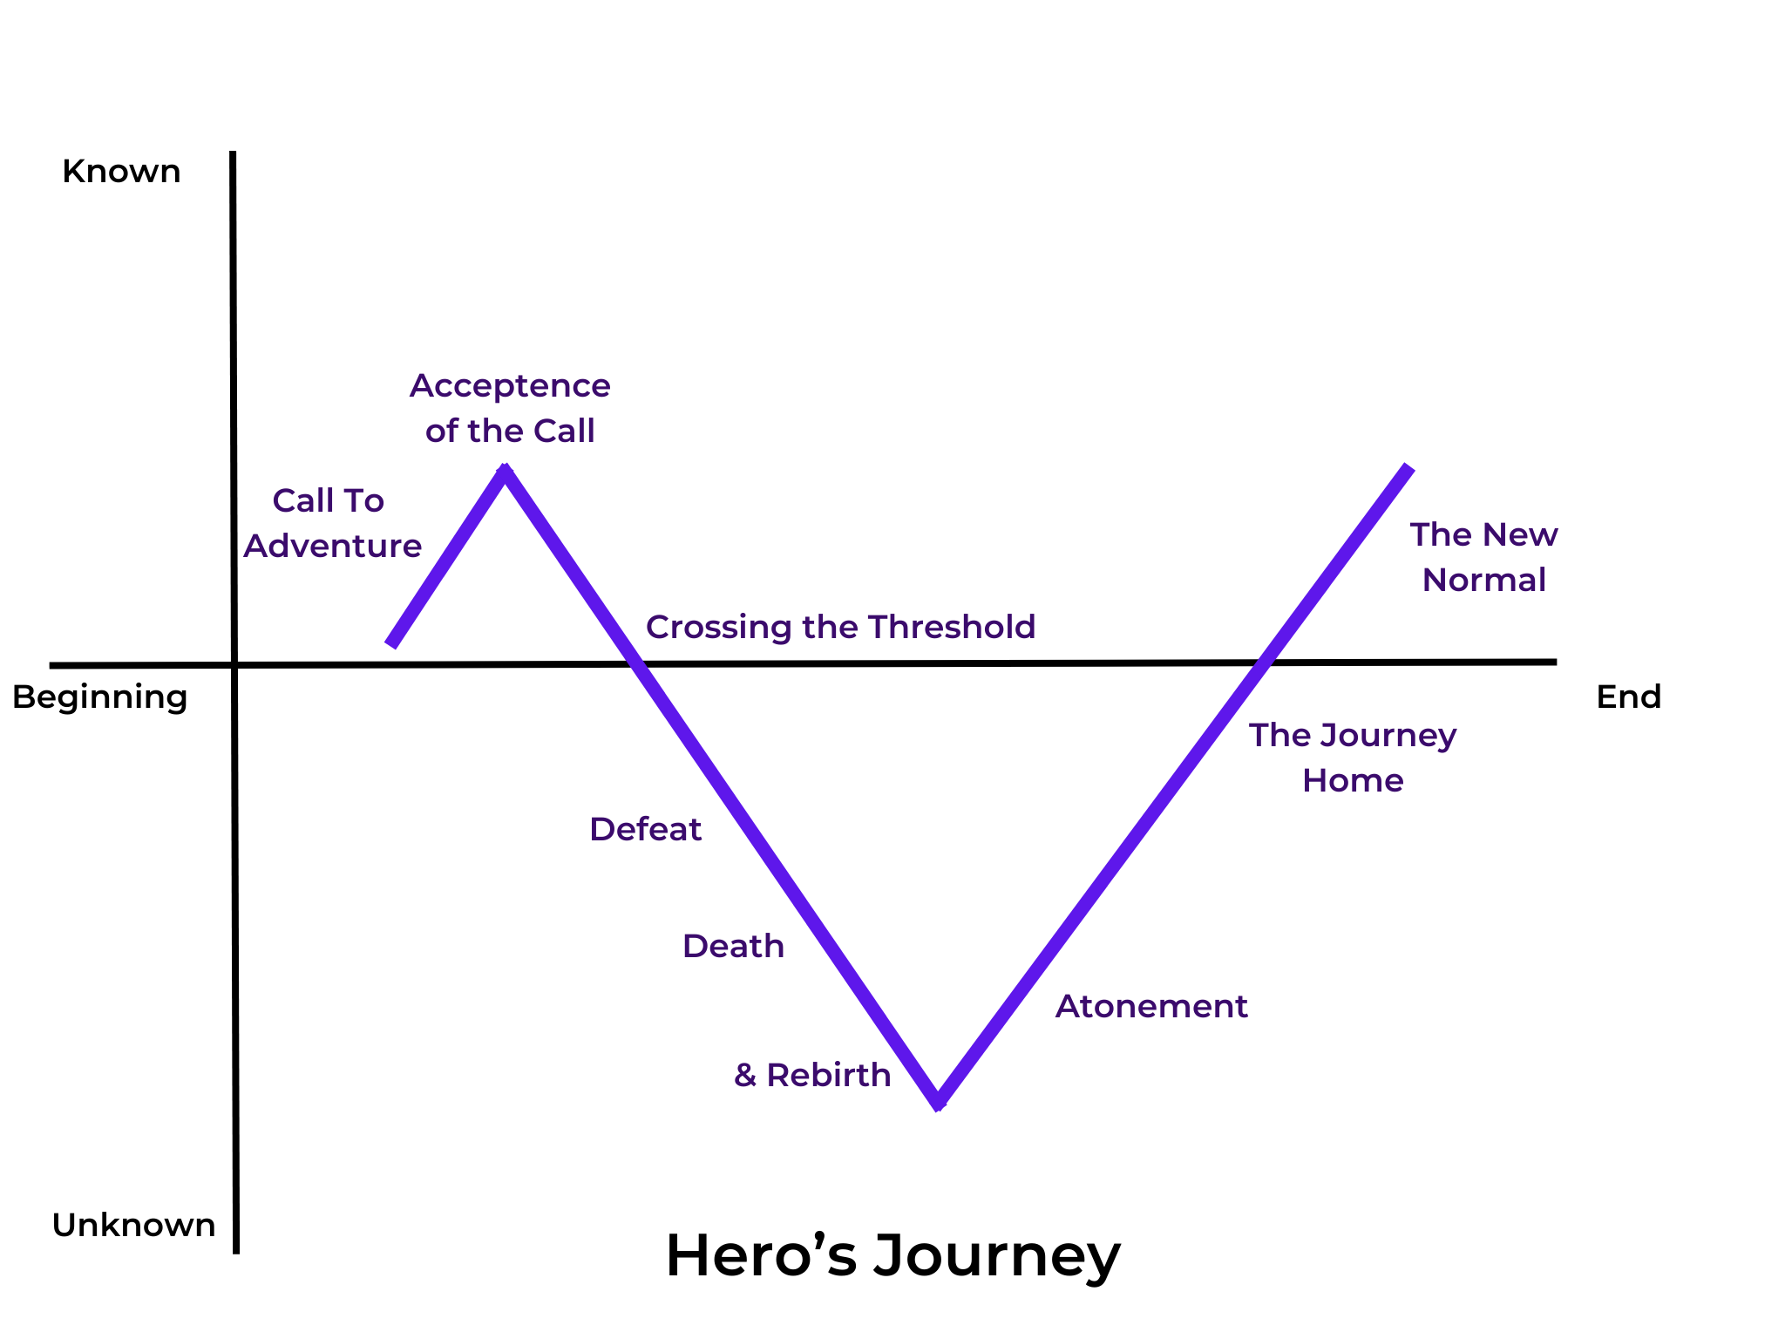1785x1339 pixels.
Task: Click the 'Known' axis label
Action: pos(121,172)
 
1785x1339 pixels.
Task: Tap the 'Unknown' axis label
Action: pos(133,1226)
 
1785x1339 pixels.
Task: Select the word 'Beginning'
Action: pos(100,697)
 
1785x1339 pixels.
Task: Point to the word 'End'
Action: pos(1628,697)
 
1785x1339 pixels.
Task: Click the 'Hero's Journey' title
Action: pos(892,1256)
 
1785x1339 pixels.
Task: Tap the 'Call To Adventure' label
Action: pos(331,523)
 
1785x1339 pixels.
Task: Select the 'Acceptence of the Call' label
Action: pos(510,408)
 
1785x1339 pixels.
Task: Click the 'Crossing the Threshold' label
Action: pos(840,627)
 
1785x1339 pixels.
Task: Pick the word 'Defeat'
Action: pos(645,829)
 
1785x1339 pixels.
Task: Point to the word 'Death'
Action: pos(733,946)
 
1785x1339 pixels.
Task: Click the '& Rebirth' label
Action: pos(812,1075)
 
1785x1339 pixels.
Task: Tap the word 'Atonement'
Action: pos(1151,1006)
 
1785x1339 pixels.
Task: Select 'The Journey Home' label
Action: pos(1353,758)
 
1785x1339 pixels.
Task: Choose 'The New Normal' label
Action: pos(1483,557)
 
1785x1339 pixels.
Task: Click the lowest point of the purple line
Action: pos(938,1103)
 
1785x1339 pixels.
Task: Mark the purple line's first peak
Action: pos(505,472)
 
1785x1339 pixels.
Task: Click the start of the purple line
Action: pos(391,644)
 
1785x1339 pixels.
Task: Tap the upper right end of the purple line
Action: pos(1408,469)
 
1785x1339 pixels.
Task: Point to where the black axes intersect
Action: pos(234,665)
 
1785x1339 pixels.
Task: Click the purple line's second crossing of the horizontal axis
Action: pos(1262,663)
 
